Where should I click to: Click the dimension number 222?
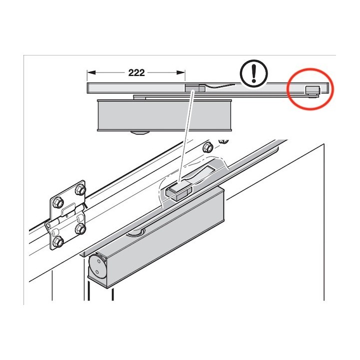[x=136, y=73]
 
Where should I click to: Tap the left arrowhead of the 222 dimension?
[x=91, y=72]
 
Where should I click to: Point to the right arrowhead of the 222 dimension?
[x=181, y=72]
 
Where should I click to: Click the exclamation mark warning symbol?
[x=253, y=73]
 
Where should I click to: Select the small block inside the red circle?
[x=312, y=91]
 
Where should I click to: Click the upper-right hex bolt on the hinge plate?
[x=80, y=189]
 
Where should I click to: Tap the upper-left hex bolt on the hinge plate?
[x=57, y=202]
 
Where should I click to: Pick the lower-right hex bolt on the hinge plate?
[x=80, y=229]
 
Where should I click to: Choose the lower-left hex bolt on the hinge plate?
[x=58, y=242]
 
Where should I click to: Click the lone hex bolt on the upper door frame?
[x=208, y=147]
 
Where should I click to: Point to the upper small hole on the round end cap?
[x=98, y=261]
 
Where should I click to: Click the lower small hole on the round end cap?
[x=97, y=272]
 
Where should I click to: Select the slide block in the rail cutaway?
[x=178, y=189]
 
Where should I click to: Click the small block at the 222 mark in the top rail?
[x=195, y=88]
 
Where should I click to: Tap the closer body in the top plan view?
[x=164, y=115]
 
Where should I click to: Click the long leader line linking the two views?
[x=186, y=136]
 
